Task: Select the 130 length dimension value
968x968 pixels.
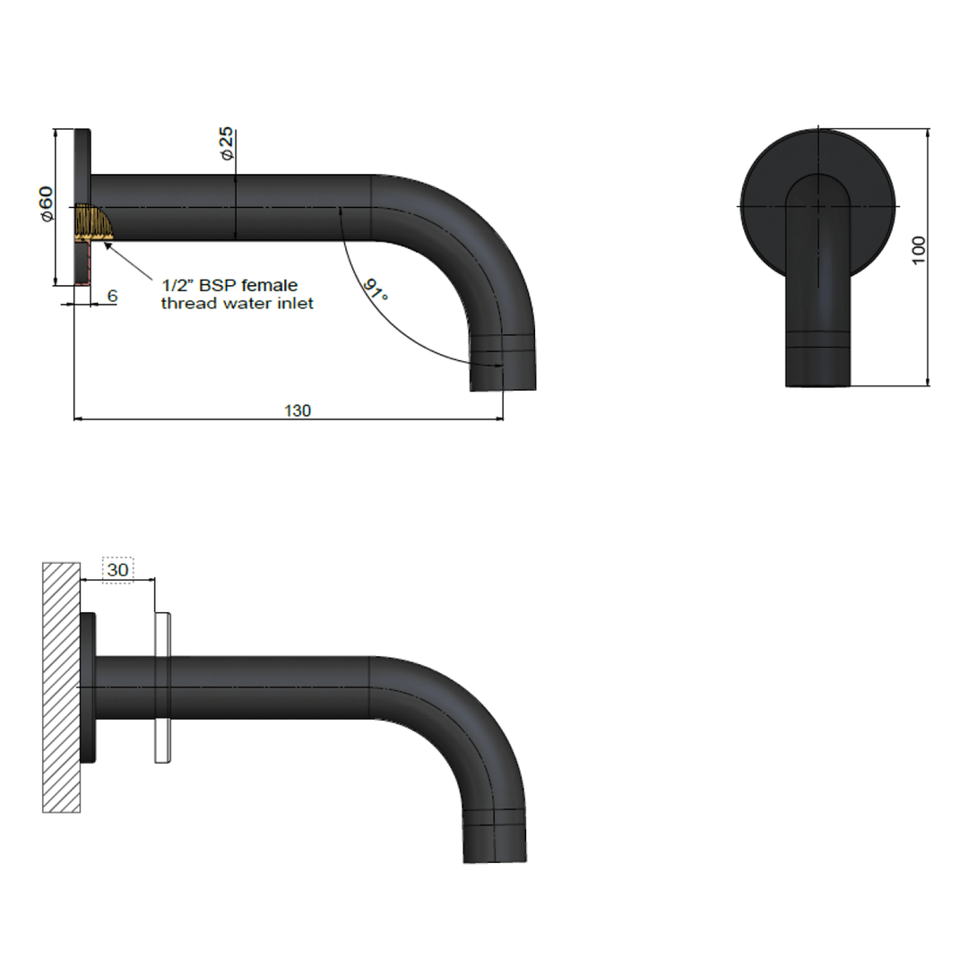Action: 298,411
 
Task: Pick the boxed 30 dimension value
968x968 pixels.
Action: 117,569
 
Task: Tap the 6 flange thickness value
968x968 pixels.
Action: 112,296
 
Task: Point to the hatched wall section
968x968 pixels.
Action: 61,687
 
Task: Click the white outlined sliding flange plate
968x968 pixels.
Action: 163,687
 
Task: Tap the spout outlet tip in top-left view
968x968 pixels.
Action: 503,380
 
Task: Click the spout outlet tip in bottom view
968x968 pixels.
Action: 494,852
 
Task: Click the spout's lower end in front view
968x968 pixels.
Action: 817,372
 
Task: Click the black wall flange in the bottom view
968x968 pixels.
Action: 88,687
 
